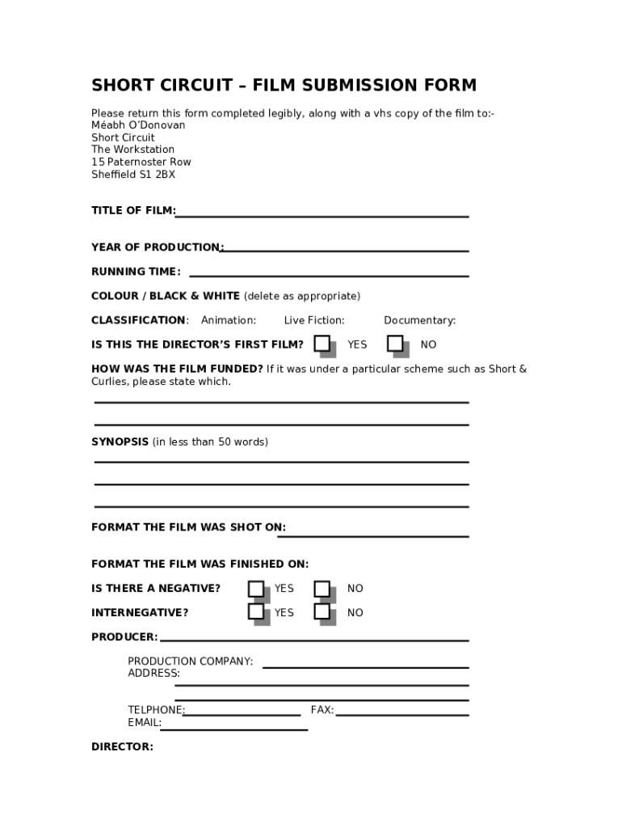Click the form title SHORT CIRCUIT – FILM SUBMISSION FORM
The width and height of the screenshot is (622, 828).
point(284,86)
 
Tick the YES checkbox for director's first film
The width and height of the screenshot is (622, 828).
point(322,344)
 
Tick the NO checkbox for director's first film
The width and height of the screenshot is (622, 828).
point(395,344)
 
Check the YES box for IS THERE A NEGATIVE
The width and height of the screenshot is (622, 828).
point(256,588)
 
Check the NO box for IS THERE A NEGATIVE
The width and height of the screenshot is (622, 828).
point(322,588)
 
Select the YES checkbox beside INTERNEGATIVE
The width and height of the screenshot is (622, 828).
point(256,612)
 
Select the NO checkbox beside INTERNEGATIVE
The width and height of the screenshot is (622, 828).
point(322,612)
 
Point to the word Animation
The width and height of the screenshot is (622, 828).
point(229,320)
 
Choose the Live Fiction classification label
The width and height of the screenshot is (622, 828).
point(314,320)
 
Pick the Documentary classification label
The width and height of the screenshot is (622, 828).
point(419,320)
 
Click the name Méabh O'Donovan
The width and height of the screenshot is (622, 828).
point(138,125)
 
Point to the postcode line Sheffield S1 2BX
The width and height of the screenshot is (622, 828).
point(133,174)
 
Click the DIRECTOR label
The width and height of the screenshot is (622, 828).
point(122,747)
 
